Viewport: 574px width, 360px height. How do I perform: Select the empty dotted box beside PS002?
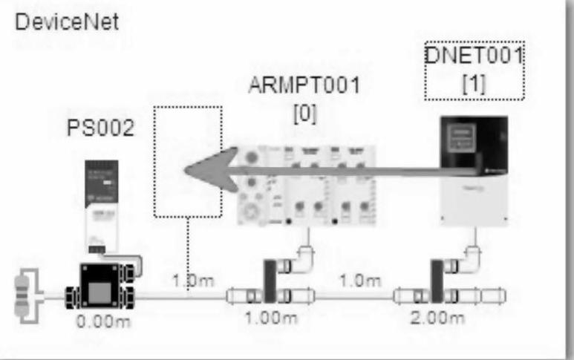pos(188,161)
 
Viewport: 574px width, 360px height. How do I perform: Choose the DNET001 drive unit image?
pos(474,170)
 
